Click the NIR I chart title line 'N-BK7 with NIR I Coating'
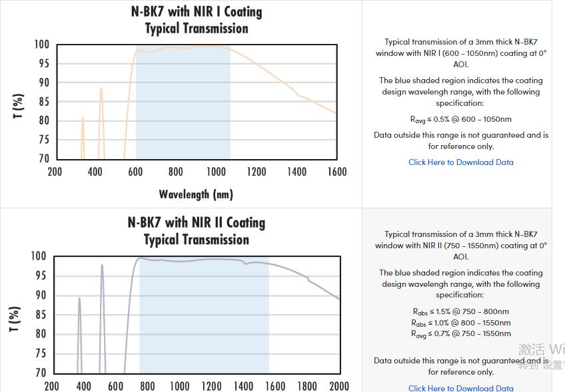[x=197, y=12]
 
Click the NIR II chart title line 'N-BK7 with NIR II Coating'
[x=197, y=222]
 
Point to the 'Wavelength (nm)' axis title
[x=196, y=194]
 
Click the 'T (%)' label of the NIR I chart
[x=19, y=106]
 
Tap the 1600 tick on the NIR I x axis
[x=337, y=172]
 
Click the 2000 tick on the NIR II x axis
[x=339, y=386]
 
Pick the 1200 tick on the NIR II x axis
[x=211, y=386]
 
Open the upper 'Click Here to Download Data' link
[x=461, y=162]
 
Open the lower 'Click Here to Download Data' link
[x=461, y=388]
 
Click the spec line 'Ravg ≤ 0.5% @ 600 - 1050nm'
[x=461, y=119]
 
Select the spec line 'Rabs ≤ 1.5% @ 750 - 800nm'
[x=461, y=311]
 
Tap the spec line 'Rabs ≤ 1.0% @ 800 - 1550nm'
[x=461, y=323]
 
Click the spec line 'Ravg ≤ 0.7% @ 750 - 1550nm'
[x=461, y=333]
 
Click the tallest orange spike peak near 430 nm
[x=101, y=89]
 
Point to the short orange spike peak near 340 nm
[x=83, y=118]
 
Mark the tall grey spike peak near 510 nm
[x=102, y=266]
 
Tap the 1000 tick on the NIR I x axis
[x=216, y=172]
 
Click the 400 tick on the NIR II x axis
[x=83, y=386]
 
